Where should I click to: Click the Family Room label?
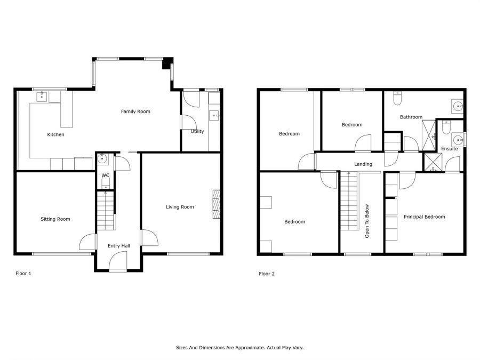click(x=135, y=111)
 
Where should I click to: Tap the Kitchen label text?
click(x=55, y=134)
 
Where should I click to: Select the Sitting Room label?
click(x=55, y=219)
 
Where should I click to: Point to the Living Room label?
click(x=180, y=207)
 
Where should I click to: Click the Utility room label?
click(x=197, y=131)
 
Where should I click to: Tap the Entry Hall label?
click(x=119, y=246)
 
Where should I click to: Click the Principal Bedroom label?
click(x=425, y=217)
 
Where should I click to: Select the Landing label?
click(x=363, y=164)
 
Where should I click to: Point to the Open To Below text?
click(x=367, y=221)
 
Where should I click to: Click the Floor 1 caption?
click(x=23, y=274)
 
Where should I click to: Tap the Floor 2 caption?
click(x=267, y=274)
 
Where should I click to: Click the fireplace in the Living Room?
click(x=217, y=204)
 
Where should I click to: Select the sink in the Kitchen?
click(x=42, y=97)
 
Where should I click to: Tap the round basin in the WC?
click(x=102, y=159)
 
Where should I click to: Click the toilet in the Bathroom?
click(x=397, y=98)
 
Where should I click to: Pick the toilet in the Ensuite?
click(x=446, y=127)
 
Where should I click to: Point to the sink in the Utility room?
click(x=214, y=116)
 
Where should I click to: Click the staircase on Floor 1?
click(x=106, y=210)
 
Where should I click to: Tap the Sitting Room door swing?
click(x=87, y=242)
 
